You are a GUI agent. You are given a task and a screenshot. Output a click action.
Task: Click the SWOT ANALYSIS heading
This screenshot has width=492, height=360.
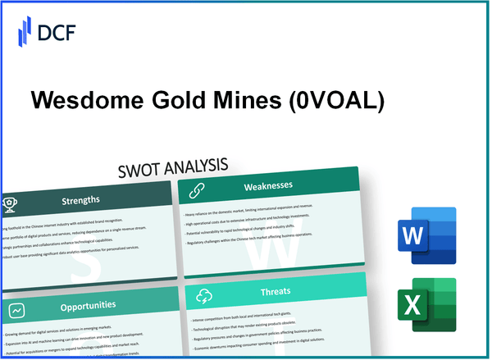[x=175, y=166]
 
